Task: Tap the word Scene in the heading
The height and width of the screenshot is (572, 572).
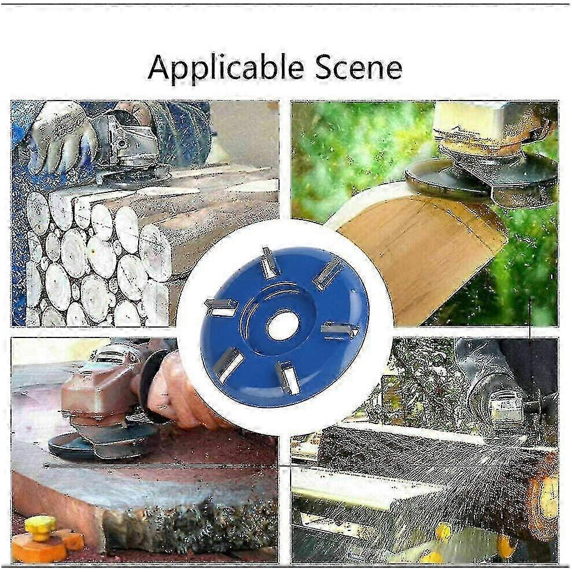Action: pos(358,68)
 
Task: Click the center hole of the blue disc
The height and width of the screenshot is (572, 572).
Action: pos(283,325)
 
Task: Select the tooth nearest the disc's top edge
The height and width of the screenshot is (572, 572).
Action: pos(269,263)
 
